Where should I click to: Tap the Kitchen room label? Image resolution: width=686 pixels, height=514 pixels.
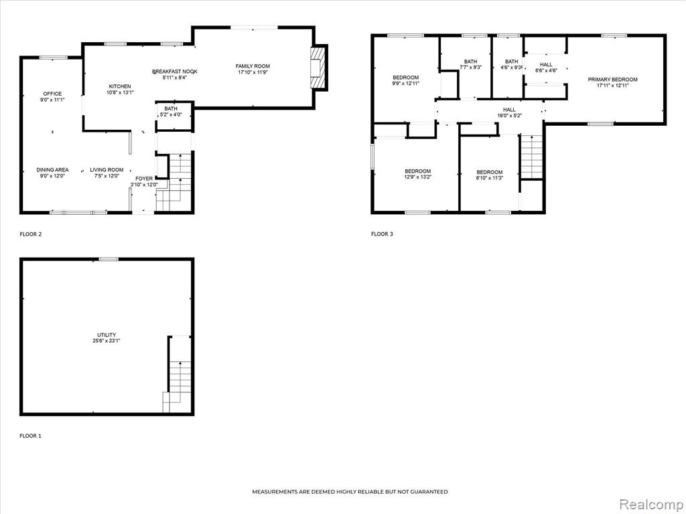pyautogui.click(x=120, y=86)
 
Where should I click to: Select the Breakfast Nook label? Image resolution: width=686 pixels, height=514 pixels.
pyautogui.click(x=175, y=71)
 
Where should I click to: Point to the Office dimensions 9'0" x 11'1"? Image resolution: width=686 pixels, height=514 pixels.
pyautogui.click(x=52, y=100)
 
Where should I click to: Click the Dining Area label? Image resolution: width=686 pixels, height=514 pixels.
pyautogui.click(x=52, y=169)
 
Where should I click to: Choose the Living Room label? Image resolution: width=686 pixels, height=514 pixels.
pyautogui.click(x=107, y=169)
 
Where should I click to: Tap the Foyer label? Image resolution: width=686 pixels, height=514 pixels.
pyautogui.click(x=144, y=178)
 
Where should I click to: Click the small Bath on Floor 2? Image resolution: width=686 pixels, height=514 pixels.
pyautogui.click(x=174, y=116)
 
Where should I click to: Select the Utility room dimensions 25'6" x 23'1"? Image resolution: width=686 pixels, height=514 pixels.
pyautogui.click(x=107, y=341)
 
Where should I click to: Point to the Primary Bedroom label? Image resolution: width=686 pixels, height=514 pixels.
pyautogui.click(x=612, y=80)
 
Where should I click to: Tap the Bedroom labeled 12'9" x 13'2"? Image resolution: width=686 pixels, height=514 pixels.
pyautogui.click(x=417, y=174)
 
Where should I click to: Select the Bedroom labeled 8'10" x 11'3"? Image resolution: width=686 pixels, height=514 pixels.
pyautogui.click(x=490, y=175)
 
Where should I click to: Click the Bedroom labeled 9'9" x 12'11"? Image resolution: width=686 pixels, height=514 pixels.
pyautogui.click(x=405, y=80)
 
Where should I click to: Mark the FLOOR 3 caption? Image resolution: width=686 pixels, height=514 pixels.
pyautogui.click(x=382, y=234)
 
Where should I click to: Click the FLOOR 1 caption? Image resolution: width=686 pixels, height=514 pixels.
pyautogui.click(x=31, y=436)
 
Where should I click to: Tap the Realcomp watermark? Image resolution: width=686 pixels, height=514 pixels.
pyautogui.click(x=650, y=504)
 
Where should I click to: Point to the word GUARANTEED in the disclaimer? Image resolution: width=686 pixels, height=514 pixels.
pyautogui.click(x=427, y=492)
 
